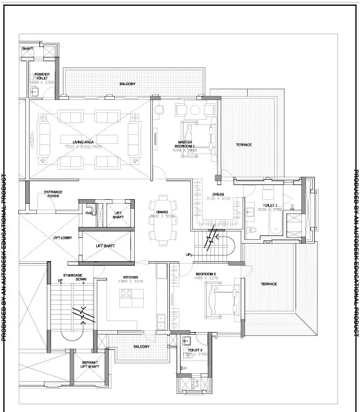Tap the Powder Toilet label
pyautogui.click(x=43, y=77)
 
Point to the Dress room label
pyautogui.click(x=218, y=194)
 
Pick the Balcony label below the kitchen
pyautogui.click(x=141, y=347)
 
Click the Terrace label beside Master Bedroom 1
pyautogui.click(x=243, y=144)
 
